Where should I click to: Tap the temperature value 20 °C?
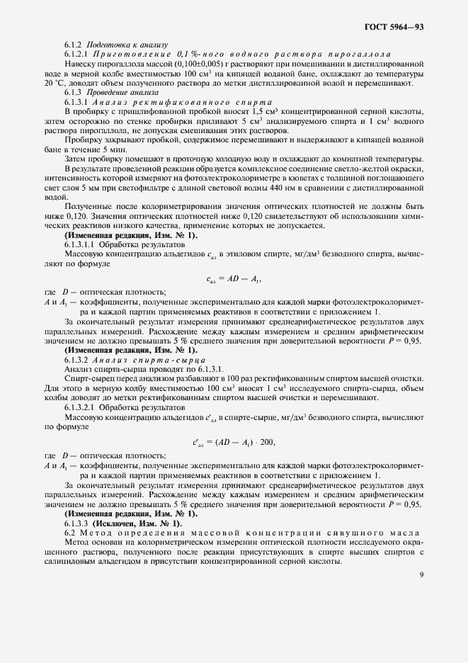point(54,83)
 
